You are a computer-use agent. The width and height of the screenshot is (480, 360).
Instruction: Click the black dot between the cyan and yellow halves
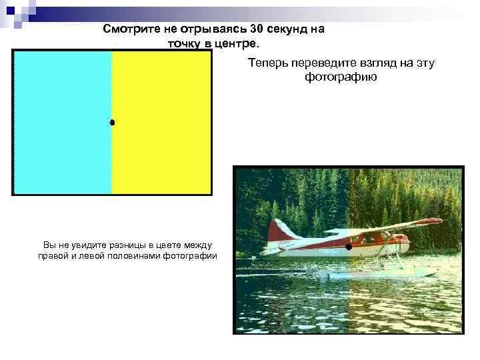(x=112, y=123)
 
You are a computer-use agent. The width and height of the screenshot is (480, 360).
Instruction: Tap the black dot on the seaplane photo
(x=349, y=247)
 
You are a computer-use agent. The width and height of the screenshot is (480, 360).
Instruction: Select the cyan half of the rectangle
(x=63, y=123)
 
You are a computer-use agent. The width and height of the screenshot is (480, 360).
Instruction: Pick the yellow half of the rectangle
(x=161, y=123)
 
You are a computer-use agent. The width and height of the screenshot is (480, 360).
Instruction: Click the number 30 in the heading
(x=257, y=29)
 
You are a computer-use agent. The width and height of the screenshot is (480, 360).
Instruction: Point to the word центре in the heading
(x=233, y=43)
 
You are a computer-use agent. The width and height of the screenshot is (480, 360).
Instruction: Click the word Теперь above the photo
(x=267, y=63)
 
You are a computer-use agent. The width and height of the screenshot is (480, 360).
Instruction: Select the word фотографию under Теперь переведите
(x=341, y=77)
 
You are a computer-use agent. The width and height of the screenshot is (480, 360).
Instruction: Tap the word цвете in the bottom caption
(x=162, y=246)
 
